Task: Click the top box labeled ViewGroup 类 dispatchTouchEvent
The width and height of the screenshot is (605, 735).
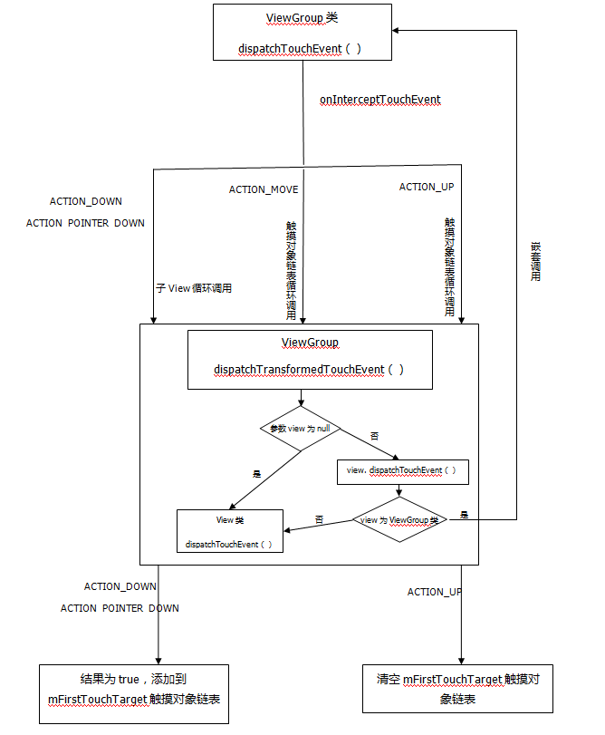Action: point(302,33)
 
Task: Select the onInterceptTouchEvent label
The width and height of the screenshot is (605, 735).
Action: point(379,100)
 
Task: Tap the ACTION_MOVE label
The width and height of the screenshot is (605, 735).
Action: point(263,189)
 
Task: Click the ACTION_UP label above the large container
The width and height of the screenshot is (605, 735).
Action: point(427,187)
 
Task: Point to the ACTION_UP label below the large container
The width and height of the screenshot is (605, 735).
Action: point(435,592)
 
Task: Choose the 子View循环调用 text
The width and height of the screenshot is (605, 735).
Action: point(194,288)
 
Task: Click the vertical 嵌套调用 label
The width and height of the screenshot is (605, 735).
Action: point(535,262)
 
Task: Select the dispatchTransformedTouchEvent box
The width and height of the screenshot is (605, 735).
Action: point(309,360)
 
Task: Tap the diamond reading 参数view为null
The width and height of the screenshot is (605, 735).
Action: point(302,428)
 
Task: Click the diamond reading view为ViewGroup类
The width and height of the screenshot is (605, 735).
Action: point(399,520)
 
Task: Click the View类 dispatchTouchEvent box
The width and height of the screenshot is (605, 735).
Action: point(230,532)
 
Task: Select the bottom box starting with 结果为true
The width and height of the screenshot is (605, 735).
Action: point(134,693)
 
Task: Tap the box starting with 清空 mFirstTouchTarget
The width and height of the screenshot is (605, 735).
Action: point(463,689)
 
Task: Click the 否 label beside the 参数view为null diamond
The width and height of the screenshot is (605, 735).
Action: point(375,436)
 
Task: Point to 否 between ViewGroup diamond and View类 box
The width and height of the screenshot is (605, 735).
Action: point(319,519)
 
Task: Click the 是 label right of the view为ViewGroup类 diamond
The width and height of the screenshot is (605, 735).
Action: point(464,515)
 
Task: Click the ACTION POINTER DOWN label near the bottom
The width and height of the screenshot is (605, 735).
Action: point(120,608)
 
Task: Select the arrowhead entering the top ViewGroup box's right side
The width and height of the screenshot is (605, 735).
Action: point(399,31)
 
